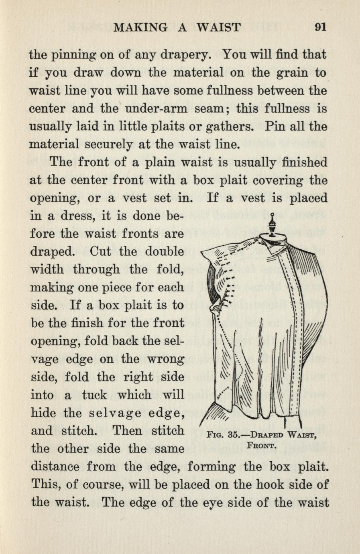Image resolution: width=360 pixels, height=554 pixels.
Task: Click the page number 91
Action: (320, 27)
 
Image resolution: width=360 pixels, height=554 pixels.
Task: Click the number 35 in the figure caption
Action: (232, 434)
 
